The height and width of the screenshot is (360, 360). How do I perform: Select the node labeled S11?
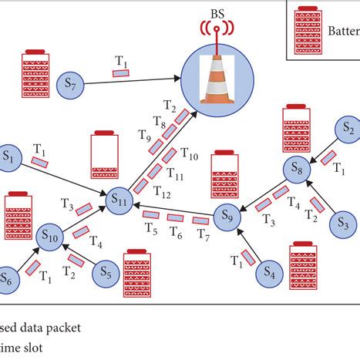[x=119, y=200]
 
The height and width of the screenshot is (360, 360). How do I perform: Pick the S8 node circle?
[x=296, y=168]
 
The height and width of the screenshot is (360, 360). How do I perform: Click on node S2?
[x=348, y=127]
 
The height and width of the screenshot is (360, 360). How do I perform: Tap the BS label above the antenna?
[x=217, y=13]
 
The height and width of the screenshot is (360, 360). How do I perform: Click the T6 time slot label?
[x=177, y=232]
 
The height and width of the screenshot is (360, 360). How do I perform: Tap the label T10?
[x=190, y=156]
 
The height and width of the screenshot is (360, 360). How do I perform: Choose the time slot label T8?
[x=159, y=122]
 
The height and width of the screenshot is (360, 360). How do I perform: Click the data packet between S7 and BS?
[x=122, y=73]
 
